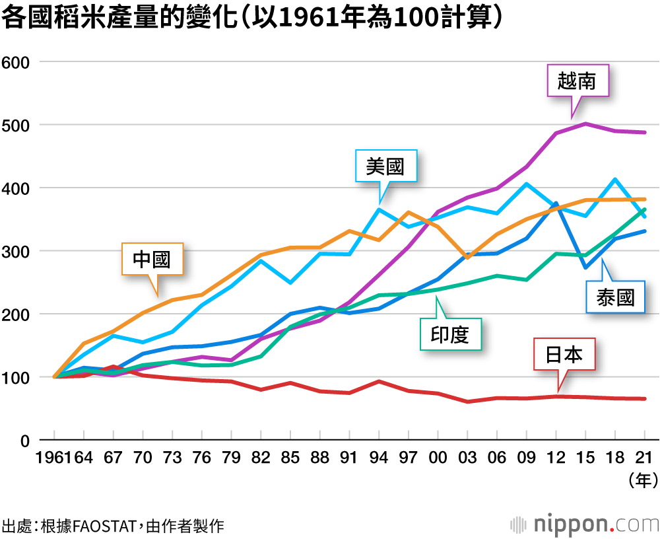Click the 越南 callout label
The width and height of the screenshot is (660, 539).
coord(576,81)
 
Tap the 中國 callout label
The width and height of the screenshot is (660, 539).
coord(152,259)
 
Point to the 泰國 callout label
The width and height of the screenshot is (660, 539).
coord(615,298)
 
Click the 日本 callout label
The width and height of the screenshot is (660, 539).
coord(564,355)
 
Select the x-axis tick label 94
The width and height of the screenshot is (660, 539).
coord(379,457)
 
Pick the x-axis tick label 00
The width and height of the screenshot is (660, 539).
coord(438,457)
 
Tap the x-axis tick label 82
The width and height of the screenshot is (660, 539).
coord(261,457)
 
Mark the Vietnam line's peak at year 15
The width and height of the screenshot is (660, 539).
coord(585,124)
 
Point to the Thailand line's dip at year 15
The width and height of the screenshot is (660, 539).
coord(585,268)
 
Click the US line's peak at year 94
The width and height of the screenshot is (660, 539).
coord(379,209)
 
